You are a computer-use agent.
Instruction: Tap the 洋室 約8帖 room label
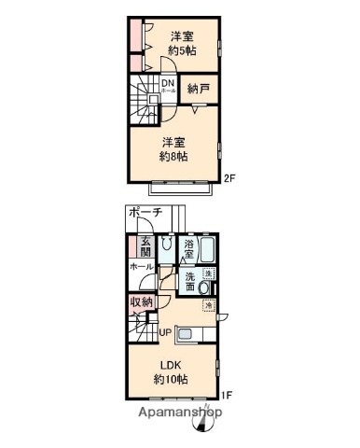[x=173, y=149]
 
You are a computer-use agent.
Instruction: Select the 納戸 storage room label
[x=198, y=90]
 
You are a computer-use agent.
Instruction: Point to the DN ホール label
[x=168, y=86]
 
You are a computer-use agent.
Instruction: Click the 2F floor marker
[x=228, y=178]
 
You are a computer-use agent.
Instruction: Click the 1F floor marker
[x=228, y=394]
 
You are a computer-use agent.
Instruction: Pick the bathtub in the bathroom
[x=210, y=250]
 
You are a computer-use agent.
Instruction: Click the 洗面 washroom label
[x=190, y=281]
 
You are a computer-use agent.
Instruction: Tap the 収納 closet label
[x=141, y=303]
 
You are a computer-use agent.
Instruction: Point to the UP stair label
[x=164, y=331]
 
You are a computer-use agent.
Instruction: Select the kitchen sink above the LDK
[x=183, y=335]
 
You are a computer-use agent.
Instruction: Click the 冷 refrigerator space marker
[x=209, y=306]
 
